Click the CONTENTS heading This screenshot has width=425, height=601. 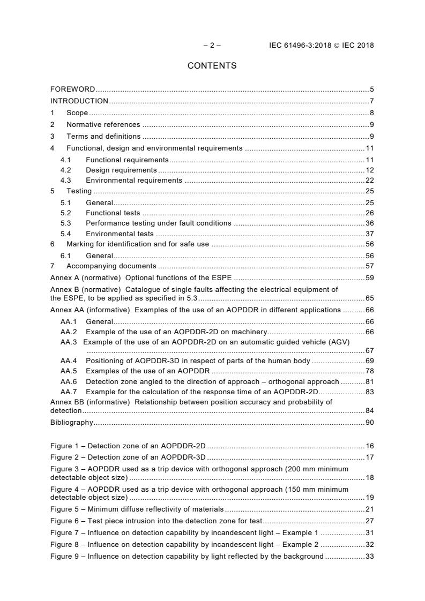pos(212,66)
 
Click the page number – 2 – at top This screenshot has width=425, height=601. pos(212,46)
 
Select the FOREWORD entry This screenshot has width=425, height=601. pos(72,89)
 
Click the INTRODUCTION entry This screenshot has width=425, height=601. pos(79,101)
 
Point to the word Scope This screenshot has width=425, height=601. pos(77,113)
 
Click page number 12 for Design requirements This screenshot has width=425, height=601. pos(369,170)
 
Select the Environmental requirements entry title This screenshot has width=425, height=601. pos(134,181)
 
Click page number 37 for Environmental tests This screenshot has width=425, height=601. pos(369,234)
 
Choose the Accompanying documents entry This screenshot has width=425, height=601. pos(111,266)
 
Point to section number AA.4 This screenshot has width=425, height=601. pos(69,361)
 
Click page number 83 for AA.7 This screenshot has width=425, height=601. pos(369,392)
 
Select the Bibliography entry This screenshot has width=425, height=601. pos(71,423)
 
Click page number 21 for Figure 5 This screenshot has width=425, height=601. pos(369,509)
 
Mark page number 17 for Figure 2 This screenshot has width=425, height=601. pos(369,457)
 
